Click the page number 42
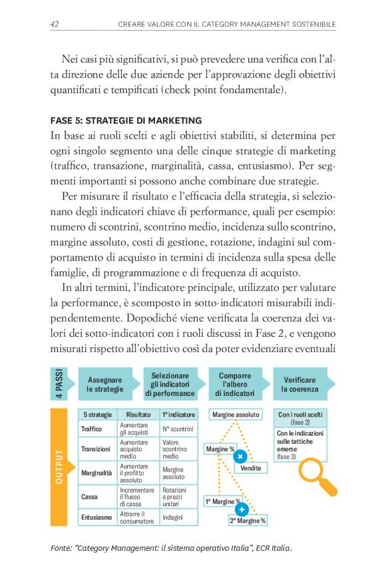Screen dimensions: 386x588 55,25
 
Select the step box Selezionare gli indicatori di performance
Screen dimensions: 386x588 170,384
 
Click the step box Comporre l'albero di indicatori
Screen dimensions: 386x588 235,384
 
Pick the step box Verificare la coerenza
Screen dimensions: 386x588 299,384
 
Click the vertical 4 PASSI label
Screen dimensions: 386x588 61,384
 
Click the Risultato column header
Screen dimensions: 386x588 138,415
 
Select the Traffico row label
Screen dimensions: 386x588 92,429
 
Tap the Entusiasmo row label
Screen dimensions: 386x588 96,517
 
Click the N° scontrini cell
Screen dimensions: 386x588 178,429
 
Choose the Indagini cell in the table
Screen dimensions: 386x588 172,517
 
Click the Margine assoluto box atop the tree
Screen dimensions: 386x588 236,415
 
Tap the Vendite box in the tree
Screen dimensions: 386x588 251,468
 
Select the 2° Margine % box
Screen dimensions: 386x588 248,520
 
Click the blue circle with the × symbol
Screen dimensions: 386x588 241,456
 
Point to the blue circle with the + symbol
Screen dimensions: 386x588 241,509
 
